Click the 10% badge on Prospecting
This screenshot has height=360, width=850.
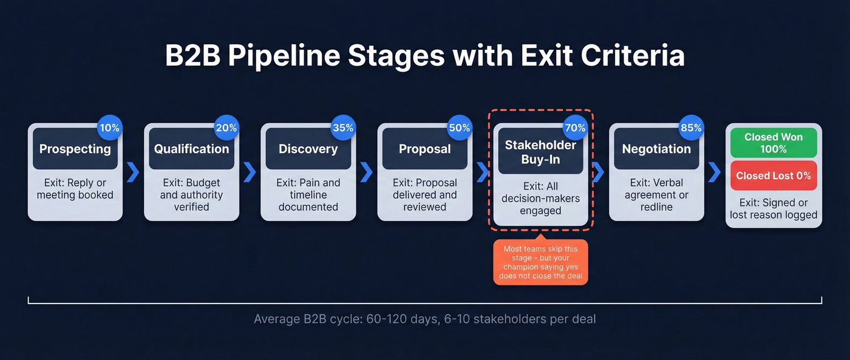coord(110,128)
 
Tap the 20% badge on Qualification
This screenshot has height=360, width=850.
coord(226,128)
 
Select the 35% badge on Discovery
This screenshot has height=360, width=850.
coord(343,128)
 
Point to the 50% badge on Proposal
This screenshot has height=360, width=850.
coord(460,128)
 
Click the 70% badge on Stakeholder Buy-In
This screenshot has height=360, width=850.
coord(575,128)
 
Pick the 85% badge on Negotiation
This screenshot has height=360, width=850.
coord(691,128)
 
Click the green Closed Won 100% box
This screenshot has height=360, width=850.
coord(773,143)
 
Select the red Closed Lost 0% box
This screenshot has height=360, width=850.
coord(773,175)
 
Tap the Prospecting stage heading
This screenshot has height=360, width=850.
coord(75,149)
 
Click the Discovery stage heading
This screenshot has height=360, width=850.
coord(308,149)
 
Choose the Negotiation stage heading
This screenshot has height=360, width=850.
coord(656,149)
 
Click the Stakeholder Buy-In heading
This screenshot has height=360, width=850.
coord(540,152)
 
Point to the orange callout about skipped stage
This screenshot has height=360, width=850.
coord(540,262)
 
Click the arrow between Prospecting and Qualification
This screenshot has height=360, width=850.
coord(133,172)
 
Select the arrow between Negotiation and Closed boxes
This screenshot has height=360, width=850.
coord(715,172)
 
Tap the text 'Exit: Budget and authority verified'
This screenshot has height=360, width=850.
coord(191,195)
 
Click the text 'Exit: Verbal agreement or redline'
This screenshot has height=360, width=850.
coord(656,195)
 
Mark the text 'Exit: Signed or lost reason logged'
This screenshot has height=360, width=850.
coord(773,209)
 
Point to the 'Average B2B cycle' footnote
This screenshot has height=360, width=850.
coord(424,319)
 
